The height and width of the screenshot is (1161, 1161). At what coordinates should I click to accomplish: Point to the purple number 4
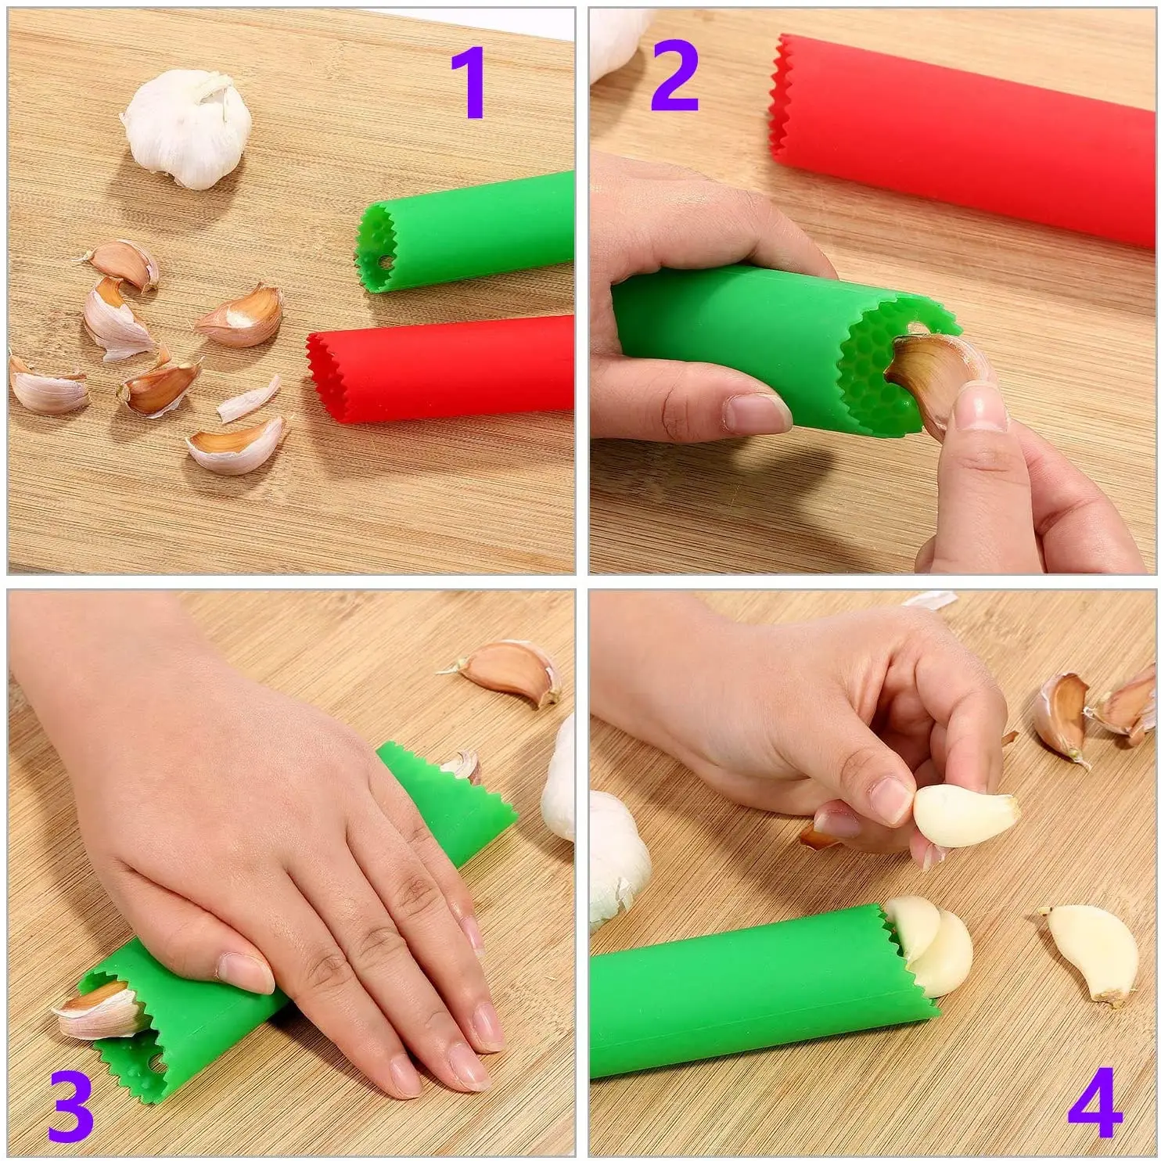tap(1095, 1103)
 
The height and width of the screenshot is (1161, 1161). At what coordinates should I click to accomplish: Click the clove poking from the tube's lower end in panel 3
tap(98, 1009)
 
